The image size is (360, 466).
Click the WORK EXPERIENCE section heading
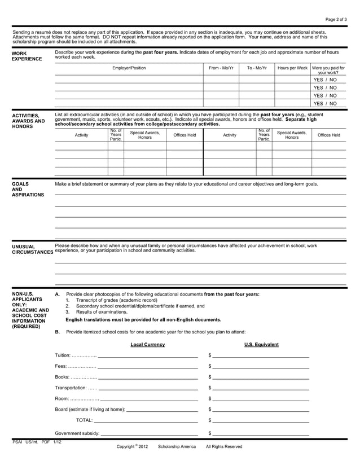(x=26, y=55)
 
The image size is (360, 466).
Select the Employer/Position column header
(x=129, y=68)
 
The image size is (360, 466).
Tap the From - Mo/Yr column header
(x=221, y=68)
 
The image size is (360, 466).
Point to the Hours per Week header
(x=292, y=68)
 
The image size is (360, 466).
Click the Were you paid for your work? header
(x=328, y=70)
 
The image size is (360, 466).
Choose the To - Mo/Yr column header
(x=256, y=68)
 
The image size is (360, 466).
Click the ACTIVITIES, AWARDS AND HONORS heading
(x=28, y=121)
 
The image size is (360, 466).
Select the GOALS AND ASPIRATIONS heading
(x=28, y=189)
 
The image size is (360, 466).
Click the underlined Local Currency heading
(x=147, y=345)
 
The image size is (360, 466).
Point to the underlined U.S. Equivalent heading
(x=261, y=345)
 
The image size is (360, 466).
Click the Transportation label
(x=71, y=388)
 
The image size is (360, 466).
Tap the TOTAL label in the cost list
(x=84, y=420)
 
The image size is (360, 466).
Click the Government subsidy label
(x=77, y=434)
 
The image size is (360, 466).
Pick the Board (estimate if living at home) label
(x=90, y=409)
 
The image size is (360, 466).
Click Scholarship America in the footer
(x=177, y=446)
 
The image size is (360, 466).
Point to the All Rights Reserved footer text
(x=224, y=446)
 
